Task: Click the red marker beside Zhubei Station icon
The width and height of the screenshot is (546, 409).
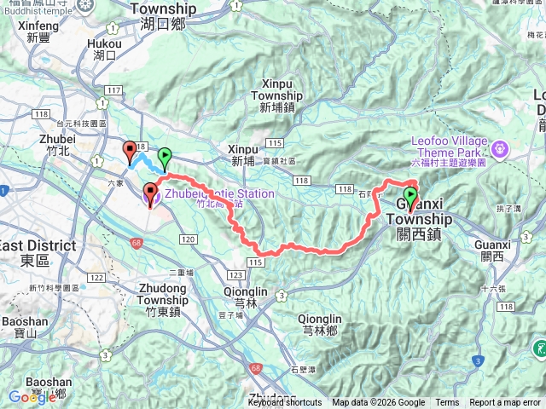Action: pos(150,194)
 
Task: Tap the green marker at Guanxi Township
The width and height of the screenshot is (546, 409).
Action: pos(411,197)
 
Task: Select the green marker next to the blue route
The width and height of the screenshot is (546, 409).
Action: pos(165,158)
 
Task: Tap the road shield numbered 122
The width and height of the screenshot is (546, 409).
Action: pos(96,278)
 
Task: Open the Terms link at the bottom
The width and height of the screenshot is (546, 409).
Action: pos(447,403)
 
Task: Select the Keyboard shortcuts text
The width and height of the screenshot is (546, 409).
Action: pos(285,403)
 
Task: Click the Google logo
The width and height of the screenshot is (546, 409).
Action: pos(32,397)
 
